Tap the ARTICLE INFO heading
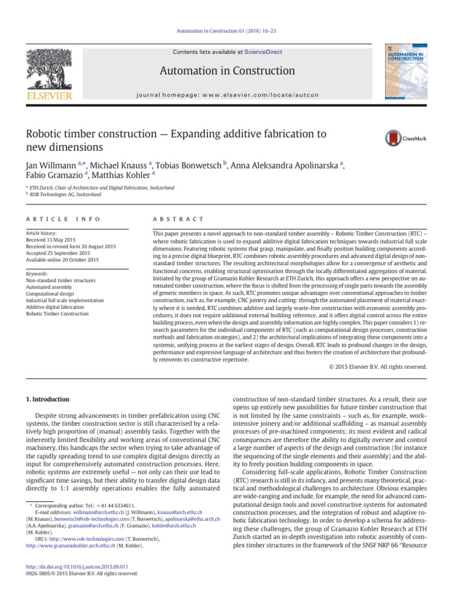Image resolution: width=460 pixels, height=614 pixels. click(x=63, y=219)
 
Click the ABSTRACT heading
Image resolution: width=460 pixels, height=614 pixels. click(x=178, y=219)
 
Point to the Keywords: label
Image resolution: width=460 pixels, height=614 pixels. click(x=40, y=273)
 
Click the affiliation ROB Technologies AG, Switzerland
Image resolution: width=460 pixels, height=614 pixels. click(x=66, y=195)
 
